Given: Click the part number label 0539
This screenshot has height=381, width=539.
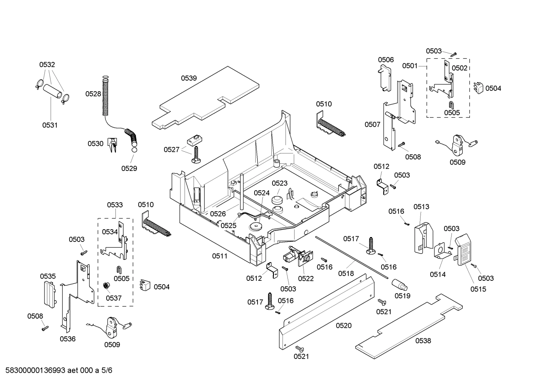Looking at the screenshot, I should point(189,78).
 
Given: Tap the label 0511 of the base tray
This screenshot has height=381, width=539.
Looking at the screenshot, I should point(219,256).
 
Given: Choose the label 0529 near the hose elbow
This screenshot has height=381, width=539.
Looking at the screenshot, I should point(129,168).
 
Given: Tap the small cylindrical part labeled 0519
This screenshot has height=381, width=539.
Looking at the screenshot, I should point(399,285).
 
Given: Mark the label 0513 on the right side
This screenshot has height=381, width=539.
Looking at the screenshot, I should point(421,206).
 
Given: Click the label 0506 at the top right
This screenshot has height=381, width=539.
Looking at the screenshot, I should point(385,60).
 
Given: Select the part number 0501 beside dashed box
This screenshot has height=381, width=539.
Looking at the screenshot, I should point(410,66).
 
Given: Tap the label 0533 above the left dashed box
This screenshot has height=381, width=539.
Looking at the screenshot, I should point(115,205).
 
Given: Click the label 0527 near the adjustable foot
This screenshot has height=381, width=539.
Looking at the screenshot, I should point(172,150).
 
